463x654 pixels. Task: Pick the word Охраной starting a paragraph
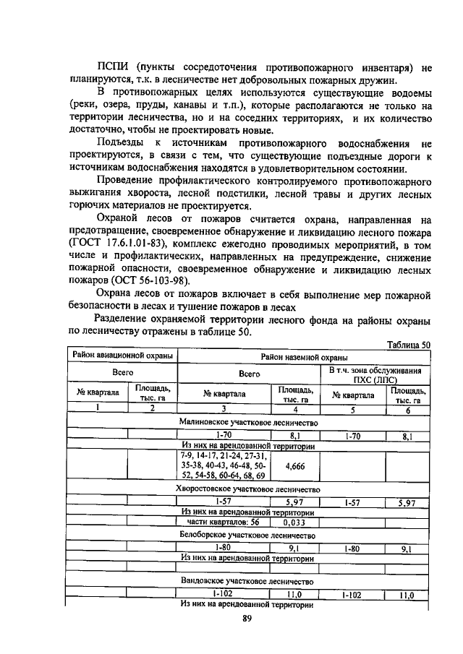click(119, 218)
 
